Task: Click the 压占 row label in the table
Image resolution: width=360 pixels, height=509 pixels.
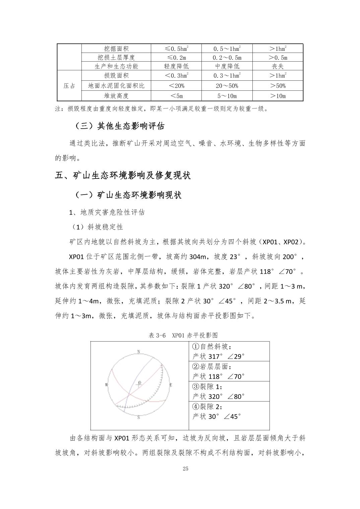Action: coord(69,86)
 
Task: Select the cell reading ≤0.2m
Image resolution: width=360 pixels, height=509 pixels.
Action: coord(176,57)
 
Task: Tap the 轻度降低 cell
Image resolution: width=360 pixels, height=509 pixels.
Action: coord(176,66)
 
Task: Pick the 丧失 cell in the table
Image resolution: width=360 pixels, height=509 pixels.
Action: coord(278,66)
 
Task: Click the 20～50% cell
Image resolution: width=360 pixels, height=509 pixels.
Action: coord(227,86)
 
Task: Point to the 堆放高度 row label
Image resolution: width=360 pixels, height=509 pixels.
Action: coord(116,96)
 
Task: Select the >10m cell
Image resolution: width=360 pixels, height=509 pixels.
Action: coord(278,96)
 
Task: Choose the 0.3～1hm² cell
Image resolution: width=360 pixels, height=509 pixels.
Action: coord(227,76)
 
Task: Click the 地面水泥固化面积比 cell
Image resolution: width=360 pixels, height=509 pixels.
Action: coord(116,86)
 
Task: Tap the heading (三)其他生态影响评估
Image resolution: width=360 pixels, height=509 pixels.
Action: coord(119,126)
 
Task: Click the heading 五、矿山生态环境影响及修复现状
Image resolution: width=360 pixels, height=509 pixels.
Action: coord(123,175)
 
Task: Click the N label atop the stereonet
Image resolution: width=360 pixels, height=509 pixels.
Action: coord(138,352)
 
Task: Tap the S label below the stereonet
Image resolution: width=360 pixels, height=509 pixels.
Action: coord(138,418)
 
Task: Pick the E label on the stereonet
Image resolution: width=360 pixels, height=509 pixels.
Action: coord(171,385)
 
